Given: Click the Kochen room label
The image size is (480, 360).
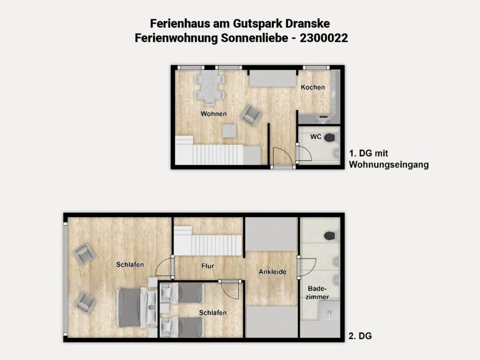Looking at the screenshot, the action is point(313,87).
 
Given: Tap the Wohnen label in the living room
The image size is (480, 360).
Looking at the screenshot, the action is point(214,114).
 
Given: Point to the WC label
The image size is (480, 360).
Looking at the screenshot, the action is point(315,136).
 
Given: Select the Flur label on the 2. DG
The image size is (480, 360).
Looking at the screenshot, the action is point(208,266).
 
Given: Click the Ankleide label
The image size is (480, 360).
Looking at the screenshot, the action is point(272,272).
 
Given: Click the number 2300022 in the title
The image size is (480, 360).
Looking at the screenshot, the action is point(324,38).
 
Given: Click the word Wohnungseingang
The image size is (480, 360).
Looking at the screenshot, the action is point(389,165).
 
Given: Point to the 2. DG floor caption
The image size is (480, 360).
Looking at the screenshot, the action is point(360,336).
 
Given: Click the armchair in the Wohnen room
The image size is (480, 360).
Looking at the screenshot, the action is point(251,115).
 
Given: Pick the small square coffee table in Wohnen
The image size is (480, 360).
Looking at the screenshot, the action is point(229,131).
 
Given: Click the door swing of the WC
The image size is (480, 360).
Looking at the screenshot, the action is point(305,153).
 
